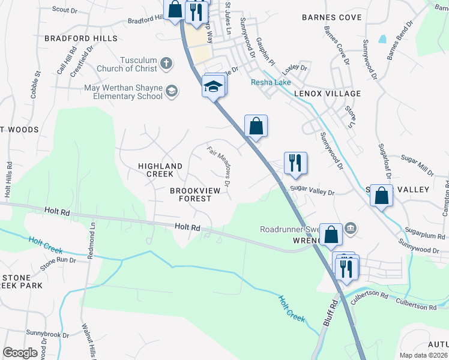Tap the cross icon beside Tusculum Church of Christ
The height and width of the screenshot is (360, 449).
[167, 63]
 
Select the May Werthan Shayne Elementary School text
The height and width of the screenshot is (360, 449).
[124, 92]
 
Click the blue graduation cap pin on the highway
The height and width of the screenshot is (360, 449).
[212, 88]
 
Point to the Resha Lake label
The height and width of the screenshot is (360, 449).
[271, 82]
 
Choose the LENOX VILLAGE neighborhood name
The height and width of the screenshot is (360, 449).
[327, 94]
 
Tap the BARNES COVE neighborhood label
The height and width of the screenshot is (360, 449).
[332, 17]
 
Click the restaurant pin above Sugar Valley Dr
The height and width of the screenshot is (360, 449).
[295, 163]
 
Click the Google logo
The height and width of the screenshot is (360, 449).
[20, 352]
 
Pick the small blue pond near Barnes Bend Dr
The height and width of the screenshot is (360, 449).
[382, 40]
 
